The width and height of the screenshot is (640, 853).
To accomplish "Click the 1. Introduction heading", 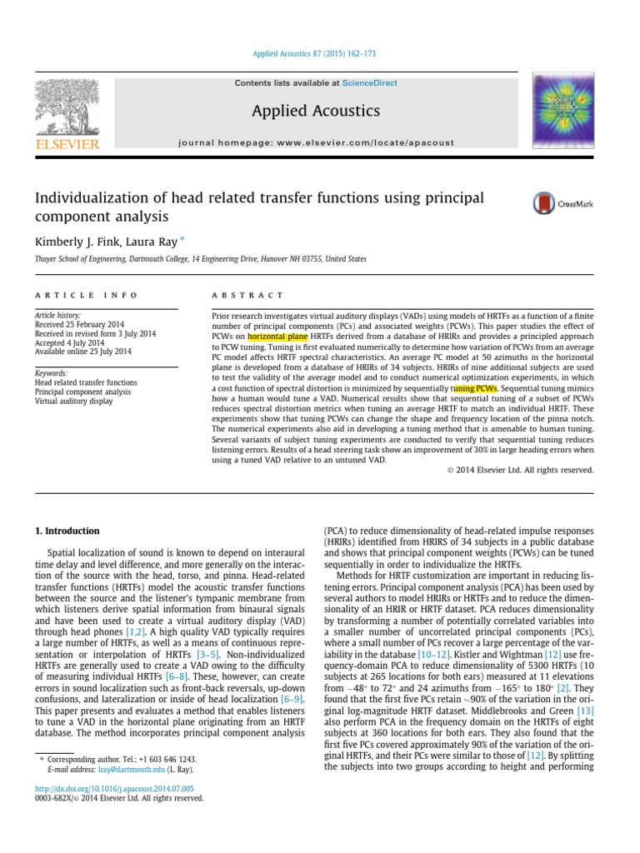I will (x=67, y=531).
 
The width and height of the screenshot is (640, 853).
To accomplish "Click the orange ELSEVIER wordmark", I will (x=66, y=145).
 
